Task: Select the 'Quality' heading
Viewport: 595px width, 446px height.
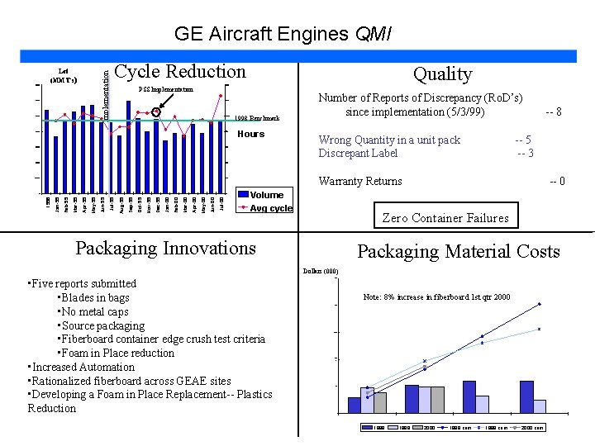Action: click(442, 74)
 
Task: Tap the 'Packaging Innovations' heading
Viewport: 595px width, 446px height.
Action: click(165, 248)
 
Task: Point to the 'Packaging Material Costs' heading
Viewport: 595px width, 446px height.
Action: click(458, 252)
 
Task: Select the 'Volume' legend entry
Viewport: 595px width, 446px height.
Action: click(266, 196)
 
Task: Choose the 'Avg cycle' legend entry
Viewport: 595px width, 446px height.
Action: click(270, 208)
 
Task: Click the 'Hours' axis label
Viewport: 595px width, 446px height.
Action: click(251, 134)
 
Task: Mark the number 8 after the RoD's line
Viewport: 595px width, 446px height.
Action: click(559, 111)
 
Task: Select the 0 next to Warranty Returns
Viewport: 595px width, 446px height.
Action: click(561, 182)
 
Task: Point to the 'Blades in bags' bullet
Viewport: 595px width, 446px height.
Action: click(93, 297)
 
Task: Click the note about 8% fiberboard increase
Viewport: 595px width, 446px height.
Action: click(436, 297)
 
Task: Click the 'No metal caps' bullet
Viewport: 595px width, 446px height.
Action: click(93, 311)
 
